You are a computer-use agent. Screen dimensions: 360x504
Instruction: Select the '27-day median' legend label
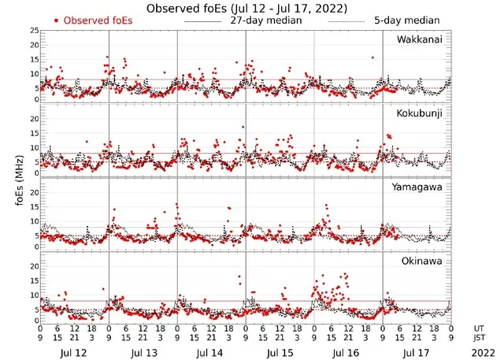[265, 20]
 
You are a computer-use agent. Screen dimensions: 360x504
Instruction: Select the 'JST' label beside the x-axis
[480, 337]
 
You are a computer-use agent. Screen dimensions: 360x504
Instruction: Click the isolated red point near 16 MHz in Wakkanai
[372, 57]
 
